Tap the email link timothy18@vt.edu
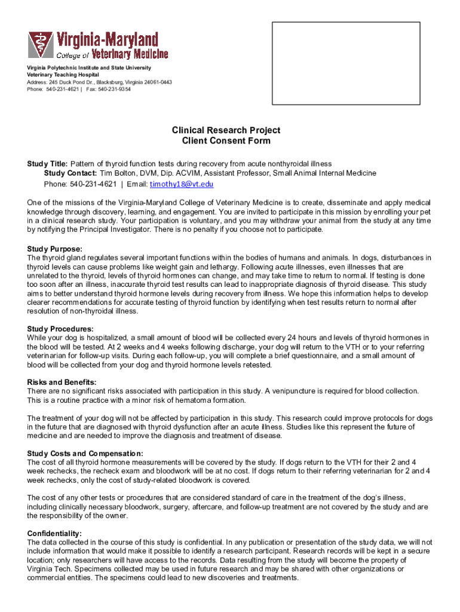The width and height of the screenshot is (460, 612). [x=182, y=184]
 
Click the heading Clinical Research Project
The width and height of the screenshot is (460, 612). [x=226, y=130]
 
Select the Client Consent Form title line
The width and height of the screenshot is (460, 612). [x=226, y=141]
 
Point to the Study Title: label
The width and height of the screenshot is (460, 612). [x=48, y=163]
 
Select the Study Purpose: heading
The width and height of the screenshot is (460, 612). [x=54, y=249]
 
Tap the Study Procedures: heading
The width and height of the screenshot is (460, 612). [x=60, y=329]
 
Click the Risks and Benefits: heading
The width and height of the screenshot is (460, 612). [x=62, y=382]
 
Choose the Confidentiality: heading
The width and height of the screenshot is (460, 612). [x=55, y=533]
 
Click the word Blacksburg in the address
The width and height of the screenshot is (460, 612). [x=110, y=82]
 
